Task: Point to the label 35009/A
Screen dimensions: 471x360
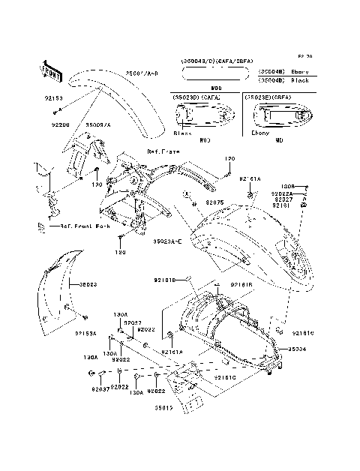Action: (97, 124)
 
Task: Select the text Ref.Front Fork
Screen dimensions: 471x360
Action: (82, 224)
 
